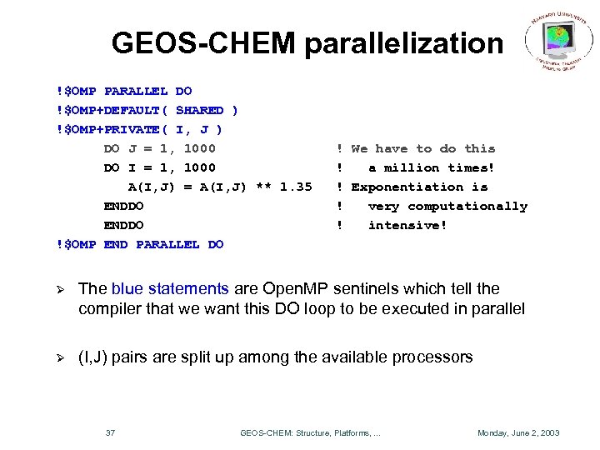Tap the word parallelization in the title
(x=403, y=44)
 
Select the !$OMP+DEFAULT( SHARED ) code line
(x=147, y=110)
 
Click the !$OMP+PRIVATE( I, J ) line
(x=138, y=129)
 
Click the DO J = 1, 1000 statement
(x=159, y=148)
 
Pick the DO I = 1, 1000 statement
(x=159, y=167)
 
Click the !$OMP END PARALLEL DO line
(x=139, y=244)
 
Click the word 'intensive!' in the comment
(x=407, y=225)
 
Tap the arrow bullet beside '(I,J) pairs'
(x=58, y=357)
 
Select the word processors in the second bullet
(x=433, y=357)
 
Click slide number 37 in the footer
(x=110, y=432)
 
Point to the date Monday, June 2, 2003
(x=517, y=432)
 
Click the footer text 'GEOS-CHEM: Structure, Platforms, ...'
(x=310, y=432)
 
